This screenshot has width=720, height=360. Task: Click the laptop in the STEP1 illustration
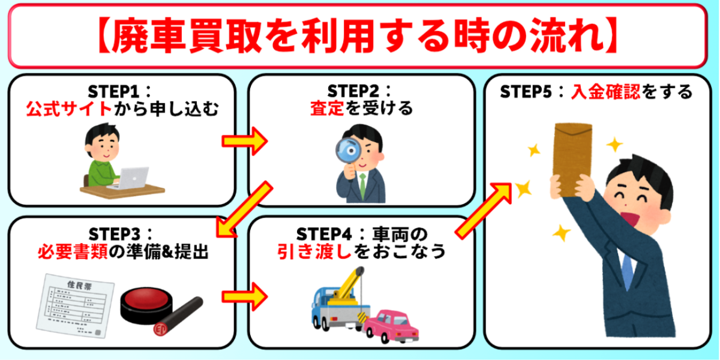133,177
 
